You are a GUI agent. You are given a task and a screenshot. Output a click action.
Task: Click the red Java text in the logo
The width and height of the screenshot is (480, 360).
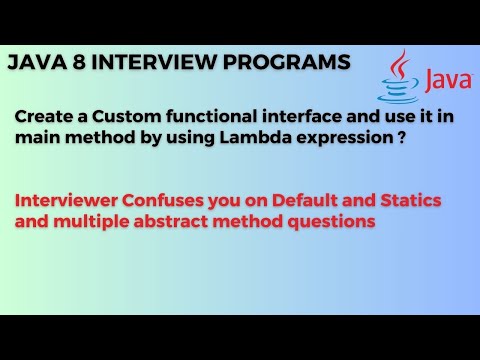coord(441,78)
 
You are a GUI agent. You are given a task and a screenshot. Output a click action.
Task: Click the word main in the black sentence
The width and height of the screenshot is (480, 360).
coord(35,139)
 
